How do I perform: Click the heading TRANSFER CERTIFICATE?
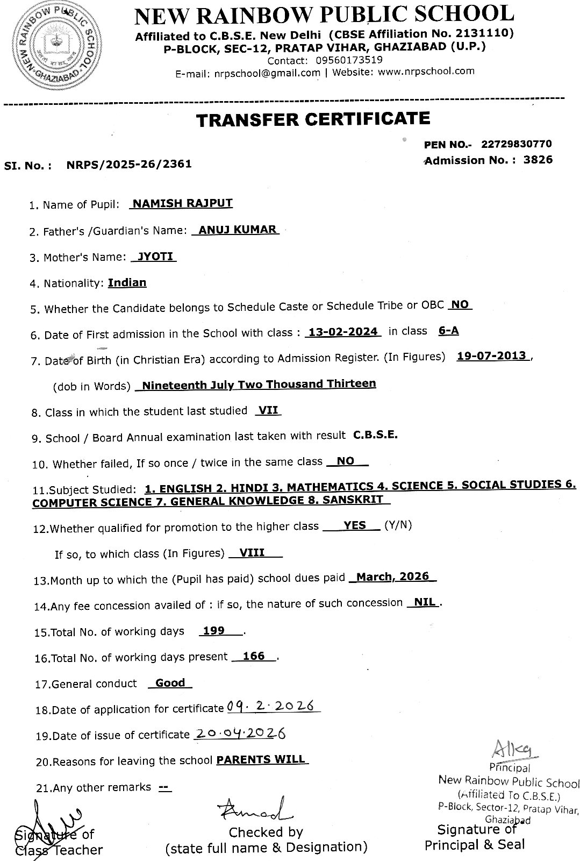pos(313,119)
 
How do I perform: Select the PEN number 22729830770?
pos(516,144)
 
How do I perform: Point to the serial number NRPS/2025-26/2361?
pos(129,164)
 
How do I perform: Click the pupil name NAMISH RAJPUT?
pos(182,203)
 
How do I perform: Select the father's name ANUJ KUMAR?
pos(238,230)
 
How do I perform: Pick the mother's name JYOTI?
pos(155,256)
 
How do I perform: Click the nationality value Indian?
pos(127,282)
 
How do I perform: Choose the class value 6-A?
pos(448,331)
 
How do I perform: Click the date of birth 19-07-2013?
pos(492,356)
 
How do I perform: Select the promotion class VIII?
pos(252,552)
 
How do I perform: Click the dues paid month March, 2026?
pos(392,577)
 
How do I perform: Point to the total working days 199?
pos(214,630)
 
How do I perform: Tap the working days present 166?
pos(254,656)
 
